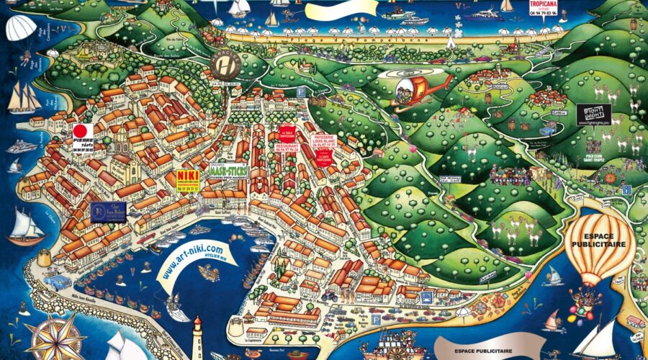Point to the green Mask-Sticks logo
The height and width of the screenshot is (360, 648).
click(x=228, y=172)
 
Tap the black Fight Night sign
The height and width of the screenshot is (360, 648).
click(x=593, y=114)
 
